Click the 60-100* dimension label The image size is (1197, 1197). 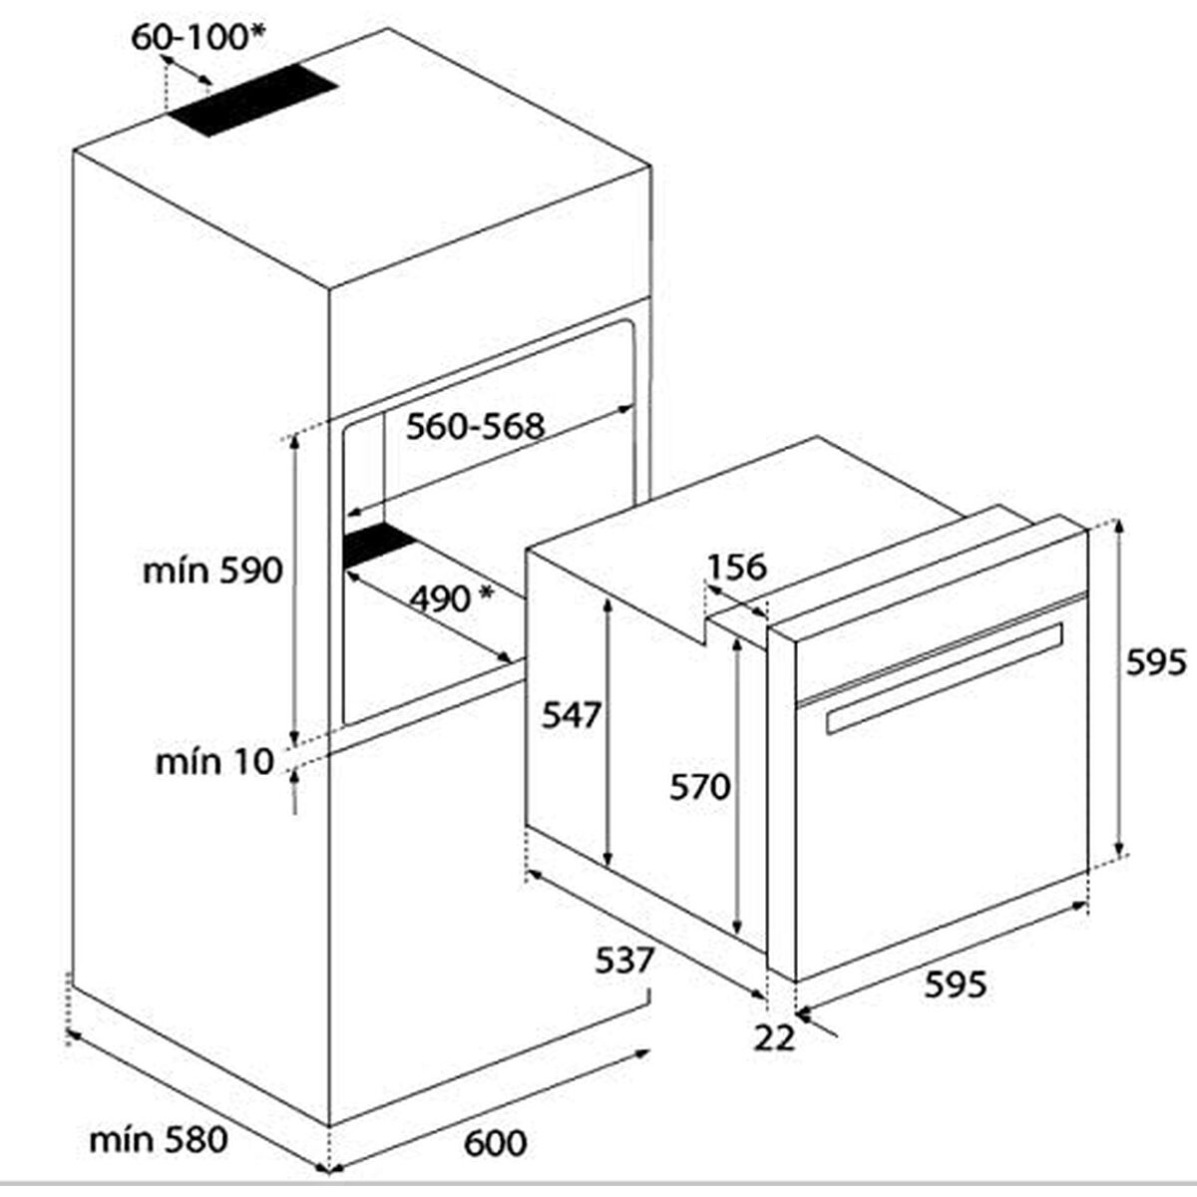199,37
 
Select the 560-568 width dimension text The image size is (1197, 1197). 476,427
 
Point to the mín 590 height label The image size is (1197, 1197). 212,571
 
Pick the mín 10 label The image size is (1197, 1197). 213,762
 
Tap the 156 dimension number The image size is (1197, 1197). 736,567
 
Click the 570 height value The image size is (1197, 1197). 700,788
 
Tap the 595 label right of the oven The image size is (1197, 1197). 1156,661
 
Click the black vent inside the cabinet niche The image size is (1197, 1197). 379,545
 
